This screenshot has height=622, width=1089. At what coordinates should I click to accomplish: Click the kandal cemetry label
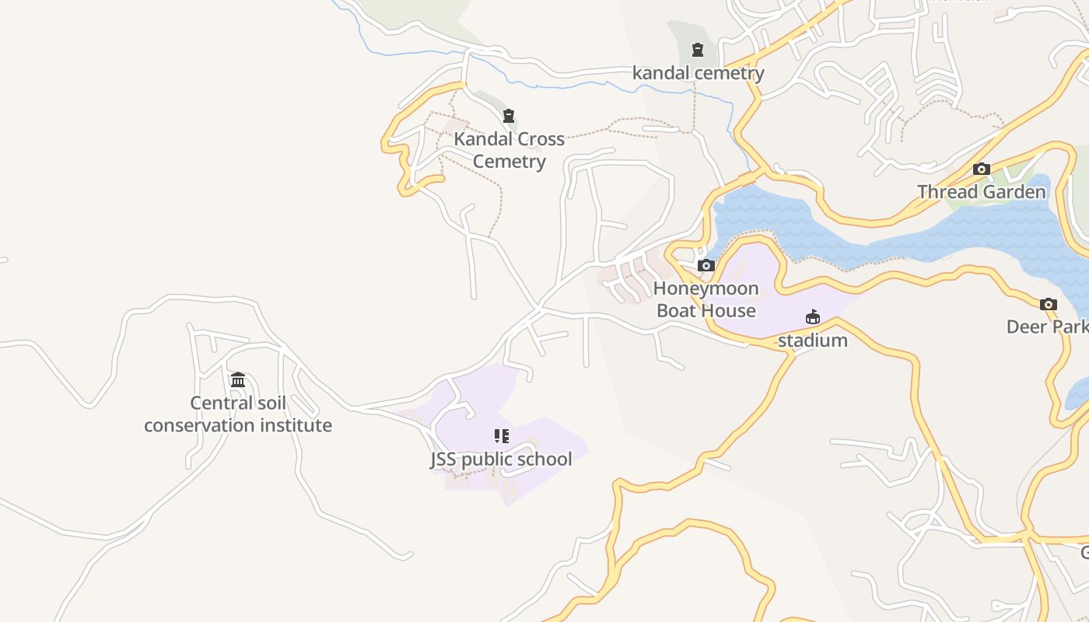tap(698, 73)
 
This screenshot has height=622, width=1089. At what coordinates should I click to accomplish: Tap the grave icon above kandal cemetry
tap(698, 51)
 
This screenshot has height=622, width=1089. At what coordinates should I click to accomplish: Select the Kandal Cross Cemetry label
tap(509, 150)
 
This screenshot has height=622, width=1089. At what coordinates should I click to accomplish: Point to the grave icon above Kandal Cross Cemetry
tap(509, 117)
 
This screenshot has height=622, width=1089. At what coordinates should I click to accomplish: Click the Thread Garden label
tap(981, 192)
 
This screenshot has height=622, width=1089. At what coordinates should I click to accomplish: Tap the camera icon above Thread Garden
tap(982, 169)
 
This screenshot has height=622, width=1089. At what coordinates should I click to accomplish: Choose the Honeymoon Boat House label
tap(706, 299)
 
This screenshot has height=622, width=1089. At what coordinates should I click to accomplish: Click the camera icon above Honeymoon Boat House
tap(706, 266)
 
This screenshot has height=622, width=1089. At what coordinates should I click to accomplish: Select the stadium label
tap(812, 341)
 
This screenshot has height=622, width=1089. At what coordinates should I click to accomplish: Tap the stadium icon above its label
tap(813, 317)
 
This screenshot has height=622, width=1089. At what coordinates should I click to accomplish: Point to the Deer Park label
tap(1047, 327)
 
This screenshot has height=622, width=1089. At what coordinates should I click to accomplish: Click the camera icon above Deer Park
tap(1049, 304)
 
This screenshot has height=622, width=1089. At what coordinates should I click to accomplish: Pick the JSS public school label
tap(502, 460)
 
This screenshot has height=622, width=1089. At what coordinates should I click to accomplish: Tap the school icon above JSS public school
tap(502, 436)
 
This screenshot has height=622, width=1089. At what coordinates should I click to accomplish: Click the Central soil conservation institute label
tap(238, 414)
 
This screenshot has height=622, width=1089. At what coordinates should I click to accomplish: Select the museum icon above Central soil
tap(238, 379)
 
